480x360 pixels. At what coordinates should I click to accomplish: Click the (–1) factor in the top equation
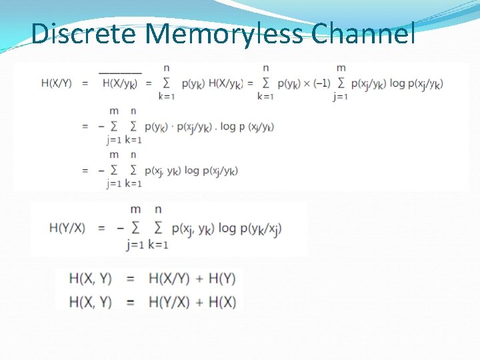(x=321, y=83)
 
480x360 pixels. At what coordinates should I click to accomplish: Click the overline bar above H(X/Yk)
(x=120, y=72)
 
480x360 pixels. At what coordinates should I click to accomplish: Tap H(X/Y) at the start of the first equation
(x=56, y=83)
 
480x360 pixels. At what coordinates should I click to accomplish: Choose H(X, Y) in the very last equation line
(x=90, y=302)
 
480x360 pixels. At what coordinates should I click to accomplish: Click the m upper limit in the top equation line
(x=341, y=68)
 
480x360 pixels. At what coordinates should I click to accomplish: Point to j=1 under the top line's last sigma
(x=341, y=97)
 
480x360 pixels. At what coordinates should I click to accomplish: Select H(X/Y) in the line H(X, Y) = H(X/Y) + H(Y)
(x=168, y=278)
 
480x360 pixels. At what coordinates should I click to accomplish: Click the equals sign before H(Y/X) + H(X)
(x=131, y=302)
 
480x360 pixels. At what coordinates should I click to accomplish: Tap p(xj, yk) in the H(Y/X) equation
(x=193, y=228)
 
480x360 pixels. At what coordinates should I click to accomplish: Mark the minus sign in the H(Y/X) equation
(x=121, y=228)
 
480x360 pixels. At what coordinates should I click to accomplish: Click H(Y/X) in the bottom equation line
(x=168, y=302)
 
